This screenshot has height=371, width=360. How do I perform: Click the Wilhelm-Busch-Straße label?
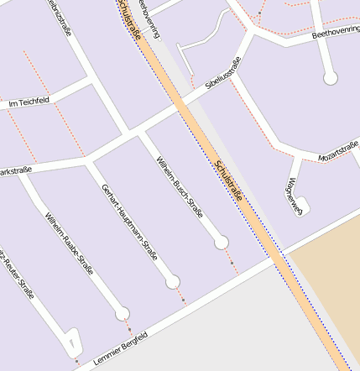point(180,186)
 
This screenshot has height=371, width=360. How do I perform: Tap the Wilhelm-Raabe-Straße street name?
point(69,244)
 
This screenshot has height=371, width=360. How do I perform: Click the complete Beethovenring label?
point(336,34)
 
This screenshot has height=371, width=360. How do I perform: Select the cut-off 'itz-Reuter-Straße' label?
point(17,273)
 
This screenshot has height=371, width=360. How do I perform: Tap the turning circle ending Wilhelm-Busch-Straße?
point(222,243)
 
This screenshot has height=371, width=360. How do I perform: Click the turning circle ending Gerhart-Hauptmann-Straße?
point(173,281)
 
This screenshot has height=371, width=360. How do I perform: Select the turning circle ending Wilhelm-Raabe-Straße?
point(123,315)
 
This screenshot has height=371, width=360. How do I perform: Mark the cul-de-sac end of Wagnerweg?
point(302,203)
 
